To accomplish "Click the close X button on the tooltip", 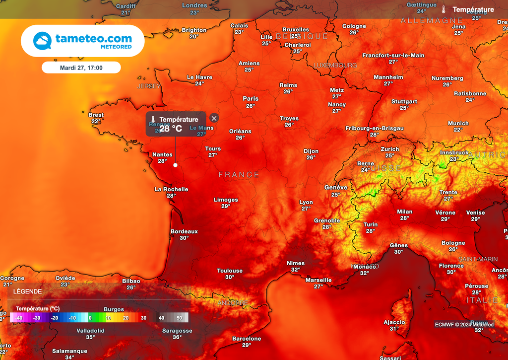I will click(214, 118).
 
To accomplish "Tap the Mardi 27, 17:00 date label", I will click(81, 68).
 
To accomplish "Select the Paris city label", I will click(251, 99).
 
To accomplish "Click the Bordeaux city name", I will click(184, 231).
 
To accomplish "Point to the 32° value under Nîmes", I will click(296, 270).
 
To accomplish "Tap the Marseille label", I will click(318, 280).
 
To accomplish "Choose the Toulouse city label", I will click(230, 271).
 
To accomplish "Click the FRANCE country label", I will click(239, 175).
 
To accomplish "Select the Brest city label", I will click(96, 115).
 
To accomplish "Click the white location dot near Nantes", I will click(175, 165).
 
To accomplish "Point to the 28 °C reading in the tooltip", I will click(171, 129).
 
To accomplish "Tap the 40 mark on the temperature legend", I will click(161, 318).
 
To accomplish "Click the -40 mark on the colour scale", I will click(19, 318).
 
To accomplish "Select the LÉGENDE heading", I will click(27, 291).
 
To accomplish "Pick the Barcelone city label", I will click(247, 339).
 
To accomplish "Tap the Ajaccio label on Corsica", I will click(394, 322).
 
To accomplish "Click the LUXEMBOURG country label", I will click(335, 66).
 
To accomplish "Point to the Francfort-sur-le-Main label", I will click(393, 55).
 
